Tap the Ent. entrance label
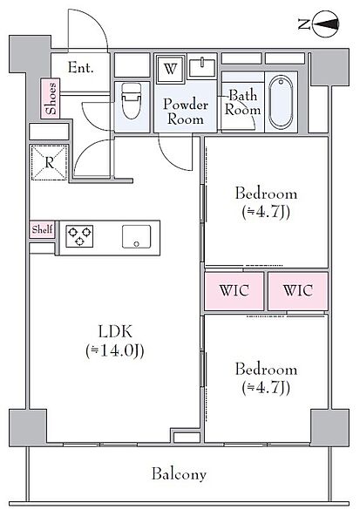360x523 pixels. pyautogui.click(x=81, y=68)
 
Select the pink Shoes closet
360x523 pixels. pyautogui.click(x=51, y=98)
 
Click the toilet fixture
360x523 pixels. pyautogui.click(x=132, y=101)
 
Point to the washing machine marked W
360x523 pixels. pyautogui.click(x=171, y=69)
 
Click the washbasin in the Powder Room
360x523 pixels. pyautogui.click(x=202, y=67)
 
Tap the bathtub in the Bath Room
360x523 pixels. pyautogui.click(x=281, y=102)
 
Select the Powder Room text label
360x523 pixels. pyautogui.click(x=186, y=112)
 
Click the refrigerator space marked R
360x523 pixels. pyautogui.click(x=50, y=163)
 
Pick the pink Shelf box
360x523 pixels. pyautogui.click(x=42, y=229)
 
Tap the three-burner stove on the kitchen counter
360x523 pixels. pyautogui.click(x=79, y=236)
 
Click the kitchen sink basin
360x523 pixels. pyautogui.click(x=137, y=237)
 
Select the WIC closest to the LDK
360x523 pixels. pyautogui.click(x=234, y=291)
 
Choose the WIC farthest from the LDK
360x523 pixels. pyautogui.click(x=298, y=291)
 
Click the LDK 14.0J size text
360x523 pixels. pyautogui.click(x=115, y=350)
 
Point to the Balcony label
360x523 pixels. pyautogui.click(x=180, y=474)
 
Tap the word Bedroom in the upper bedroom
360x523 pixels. pyautogui.click(x=266, y=194)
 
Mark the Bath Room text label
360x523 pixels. pyautogui.click(x=243, y=103)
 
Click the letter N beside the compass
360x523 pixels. pyautogui.click(x=304, y=24)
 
